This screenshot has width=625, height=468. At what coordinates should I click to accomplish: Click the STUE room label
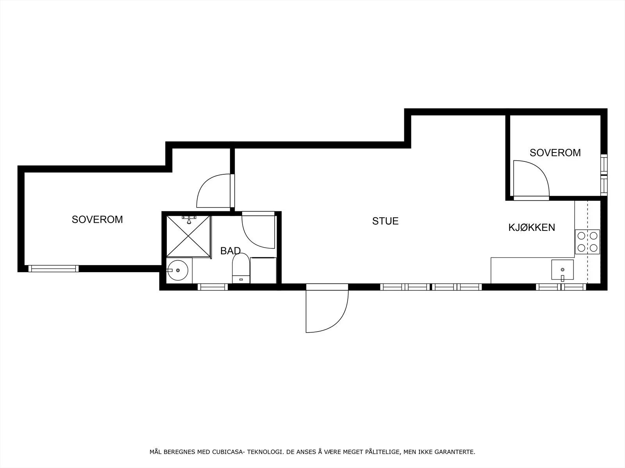point(385,221)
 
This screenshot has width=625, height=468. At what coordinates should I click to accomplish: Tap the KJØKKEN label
point(532,228)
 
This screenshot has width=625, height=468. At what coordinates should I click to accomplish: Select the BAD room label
point(230,251)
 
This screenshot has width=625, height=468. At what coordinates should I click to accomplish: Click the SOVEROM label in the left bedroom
point(97,220)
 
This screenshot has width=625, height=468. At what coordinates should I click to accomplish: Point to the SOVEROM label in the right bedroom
point(555,153)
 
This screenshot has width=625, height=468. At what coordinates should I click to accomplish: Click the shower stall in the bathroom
point(189,236)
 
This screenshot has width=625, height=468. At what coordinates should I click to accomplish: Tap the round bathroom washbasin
point(177,270)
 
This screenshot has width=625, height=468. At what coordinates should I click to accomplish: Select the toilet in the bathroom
point(241,268)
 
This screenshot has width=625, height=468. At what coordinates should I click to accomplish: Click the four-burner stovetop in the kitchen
point(587,242)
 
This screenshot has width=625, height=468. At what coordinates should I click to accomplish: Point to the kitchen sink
point(562,270)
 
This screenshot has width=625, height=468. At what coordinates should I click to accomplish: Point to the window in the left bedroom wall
point(53,269)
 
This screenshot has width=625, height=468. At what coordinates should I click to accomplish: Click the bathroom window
point(213,287)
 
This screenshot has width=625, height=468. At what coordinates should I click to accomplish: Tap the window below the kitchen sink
point(561,287)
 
